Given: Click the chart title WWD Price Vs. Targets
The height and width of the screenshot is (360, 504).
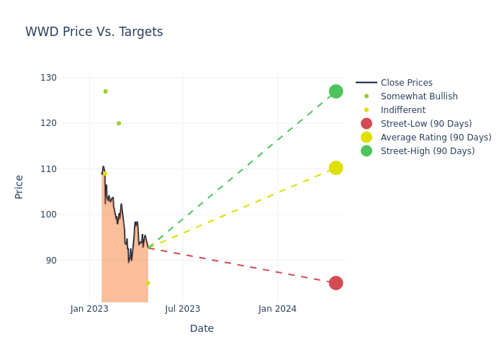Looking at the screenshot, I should (x=94, y=32).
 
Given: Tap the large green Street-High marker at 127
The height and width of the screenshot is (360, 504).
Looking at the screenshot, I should (x=336, y=91).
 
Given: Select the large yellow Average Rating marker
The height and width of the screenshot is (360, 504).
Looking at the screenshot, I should (x=336, y=168).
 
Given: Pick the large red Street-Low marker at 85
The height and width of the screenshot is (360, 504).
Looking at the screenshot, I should (x=336, y=283).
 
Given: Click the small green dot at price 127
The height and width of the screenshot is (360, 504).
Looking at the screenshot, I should (x=105, y=91).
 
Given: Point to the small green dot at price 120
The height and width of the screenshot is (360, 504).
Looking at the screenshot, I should (x=119, y=123).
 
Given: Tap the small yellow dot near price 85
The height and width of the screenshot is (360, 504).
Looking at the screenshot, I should (x=148, y=283).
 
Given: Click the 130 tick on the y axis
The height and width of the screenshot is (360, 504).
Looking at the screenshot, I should (x=48, y=78).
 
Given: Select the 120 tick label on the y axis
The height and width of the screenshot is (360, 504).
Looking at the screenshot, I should (x=48, y=123).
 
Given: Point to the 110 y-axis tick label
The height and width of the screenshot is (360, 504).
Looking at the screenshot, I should (x=48, y=169).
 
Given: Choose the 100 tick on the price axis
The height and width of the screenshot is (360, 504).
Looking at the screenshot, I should (x=48, y=215).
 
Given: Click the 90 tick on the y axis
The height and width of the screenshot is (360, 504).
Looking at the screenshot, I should (x=50, y=260).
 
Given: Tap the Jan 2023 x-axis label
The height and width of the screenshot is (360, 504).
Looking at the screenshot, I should (x=89, y=309).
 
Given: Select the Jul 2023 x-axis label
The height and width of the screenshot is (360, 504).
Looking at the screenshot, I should (x=182, y=309).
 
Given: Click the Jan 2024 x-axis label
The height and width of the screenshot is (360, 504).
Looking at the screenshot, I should (x=277, y=309).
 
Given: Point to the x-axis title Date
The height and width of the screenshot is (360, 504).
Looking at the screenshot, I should (x=202, y=328).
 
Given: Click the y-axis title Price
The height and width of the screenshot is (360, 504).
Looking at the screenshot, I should (x=19, y=186).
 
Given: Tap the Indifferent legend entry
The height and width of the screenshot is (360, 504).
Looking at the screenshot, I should (x=402, y=110).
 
